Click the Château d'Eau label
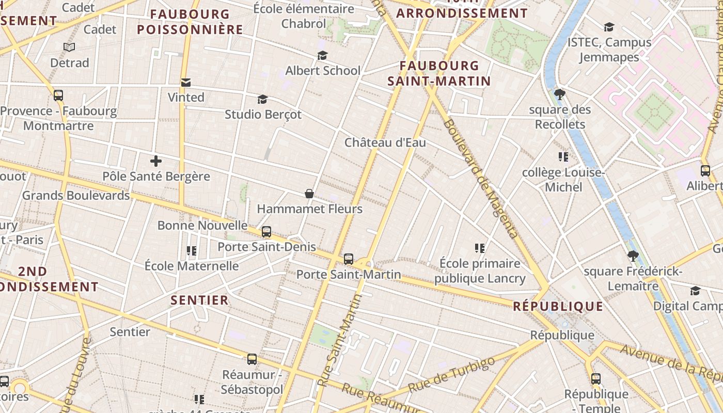[385, 142]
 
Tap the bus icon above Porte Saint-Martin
[349, 259]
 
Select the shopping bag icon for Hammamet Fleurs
[309, 194]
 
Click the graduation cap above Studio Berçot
[262, 99]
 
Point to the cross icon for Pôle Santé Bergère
[156, 161]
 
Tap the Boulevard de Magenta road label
[480, 179]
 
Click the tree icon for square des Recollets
[559, 94]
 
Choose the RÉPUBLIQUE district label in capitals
[558, 307]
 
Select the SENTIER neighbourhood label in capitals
[199, 300]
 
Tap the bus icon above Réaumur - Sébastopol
[252, 359]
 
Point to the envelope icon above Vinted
[186, 83]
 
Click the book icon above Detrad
[69, 47]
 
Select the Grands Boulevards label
[76, 196]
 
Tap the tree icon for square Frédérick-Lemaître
[633, 256]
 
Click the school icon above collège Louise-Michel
[563, 156]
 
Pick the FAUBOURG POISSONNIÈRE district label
[190, 22]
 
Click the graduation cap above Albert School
[323, 55]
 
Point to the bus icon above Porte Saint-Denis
[266, 232]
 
